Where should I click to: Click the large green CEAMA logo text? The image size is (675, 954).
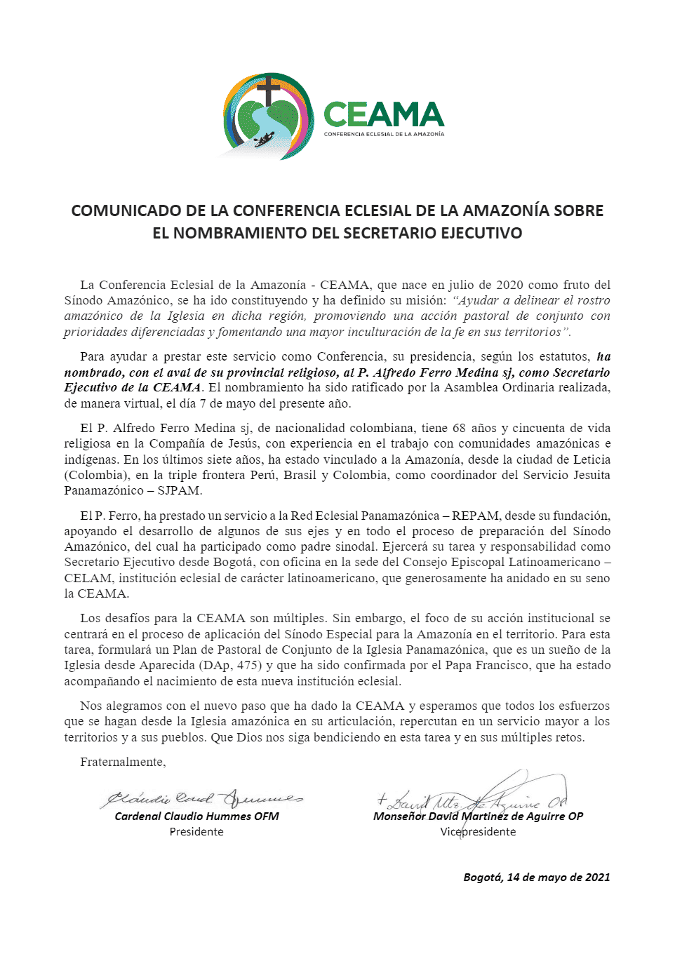(x=384, y=114)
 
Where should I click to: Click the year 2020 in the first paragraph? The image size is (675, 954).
(x=510, y=285)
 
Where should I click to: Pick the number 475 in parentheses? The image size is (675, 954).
(x=250, y=665)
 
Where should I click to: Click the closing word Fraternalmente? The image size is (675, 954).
(x=123, y=762)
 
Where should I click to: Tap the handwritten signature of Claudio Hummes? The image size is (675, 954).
(x=202, y=798)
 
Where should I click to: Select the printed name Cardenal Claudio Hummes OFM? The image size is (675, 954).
(x=196, y=816)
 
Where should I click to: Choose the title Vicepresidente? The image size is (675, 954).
(x=478, y=831)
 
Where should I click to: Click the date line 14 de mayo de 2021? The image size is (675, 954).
(x=537, y=877)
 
